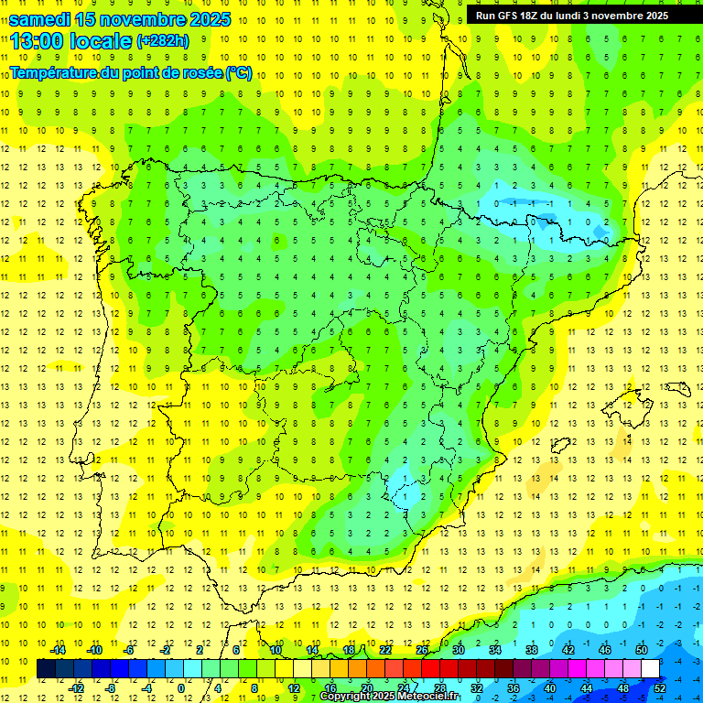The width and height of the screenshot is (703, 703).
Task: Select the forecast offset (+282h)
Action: coord(162,41)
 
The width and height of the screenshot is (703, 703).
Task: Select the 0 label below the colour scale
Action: coord(182,688)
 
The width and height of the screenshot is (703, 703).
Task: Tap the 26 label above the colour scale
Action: coord(422,650)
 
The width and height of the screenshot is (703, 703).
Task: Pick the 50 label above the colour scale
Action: coord(642,650)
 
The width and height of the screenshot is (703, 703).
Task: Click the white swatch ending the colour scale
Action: coord(650,669)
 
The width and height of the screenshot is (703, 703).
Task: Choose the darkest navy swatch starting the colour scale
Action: coord(46,669)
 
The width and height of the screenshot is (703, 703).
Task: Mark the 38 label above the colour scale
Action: coord(532,650)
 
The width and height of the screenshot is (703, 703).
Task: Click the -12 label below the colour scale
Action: coord(76,688)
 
